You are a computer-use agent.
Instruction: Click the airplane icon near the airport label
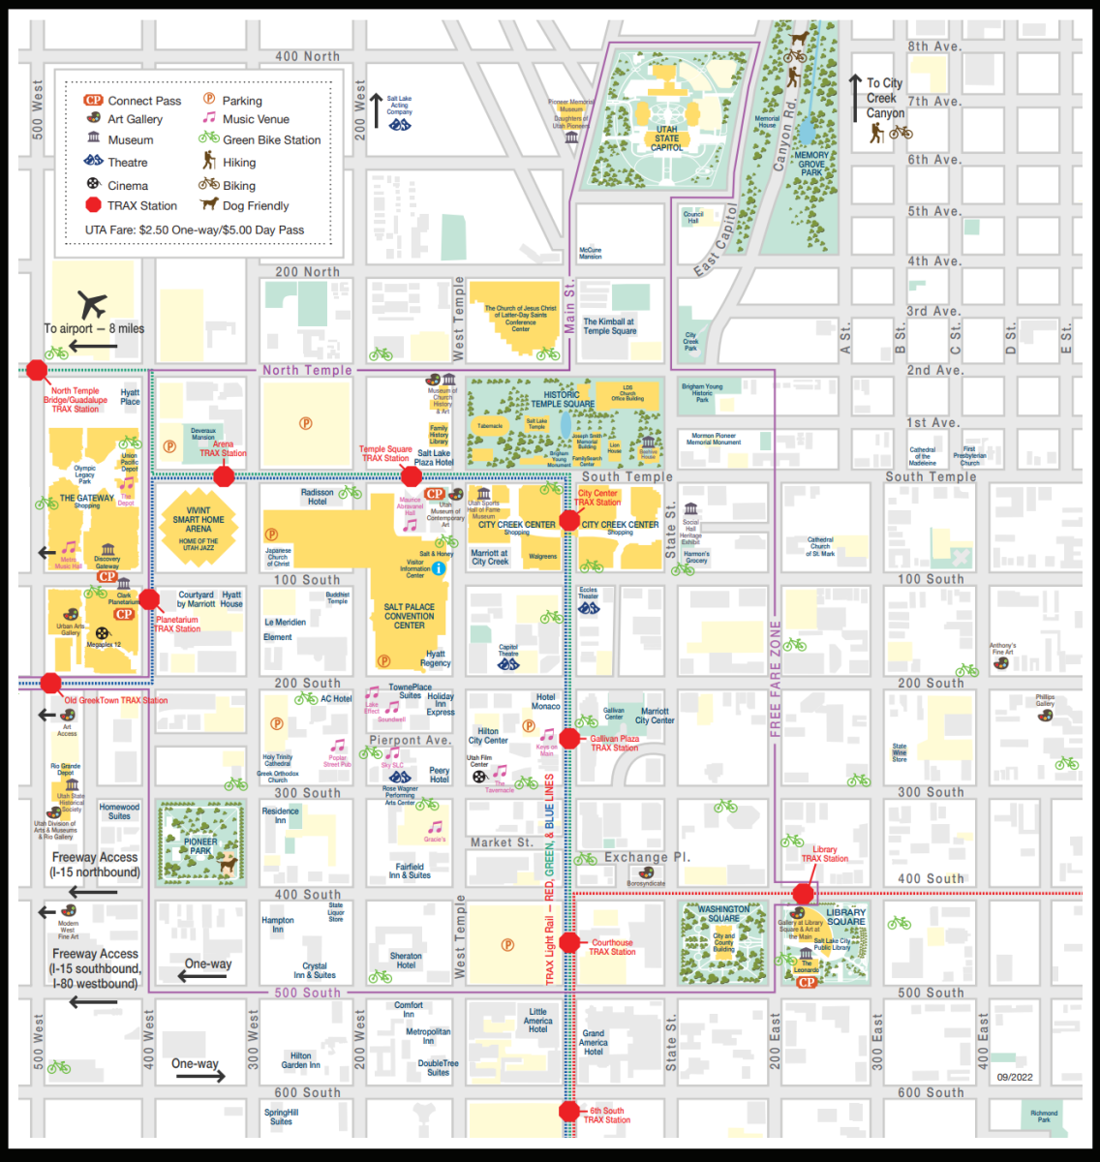[93, 304]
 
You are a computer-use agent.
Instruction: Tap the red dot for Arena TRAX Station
[224, 475]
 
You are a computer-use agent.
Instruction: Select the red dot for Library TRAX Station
[803, 893]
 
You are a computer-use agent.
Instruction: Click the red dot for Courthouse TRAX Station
[569, 942]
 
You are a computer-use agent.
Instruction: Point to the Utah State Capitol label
[666, 138]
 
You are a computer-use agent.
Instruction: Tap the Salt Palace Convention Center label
[410, 616]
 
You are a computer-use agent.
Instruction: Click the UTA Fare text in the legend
[195, 230]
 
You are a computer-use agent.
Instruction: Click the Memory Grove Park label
[811, 164]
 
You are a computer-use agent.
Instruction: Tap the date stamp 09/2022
[1015, 1077]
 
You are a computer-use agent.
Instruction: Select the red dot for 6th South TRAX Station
[569, 1112]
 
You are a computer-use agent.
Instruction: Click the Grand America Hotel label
[594, 1042]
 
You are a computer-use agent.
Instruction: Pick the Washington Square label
[723, 913]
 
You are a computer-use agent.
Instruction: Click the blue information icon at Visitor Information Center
[438, 568]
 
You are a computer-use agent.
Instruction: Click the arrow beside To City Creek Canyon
[855, 98]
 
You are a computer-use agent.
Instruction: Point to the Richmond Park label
[1044, 1116]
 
